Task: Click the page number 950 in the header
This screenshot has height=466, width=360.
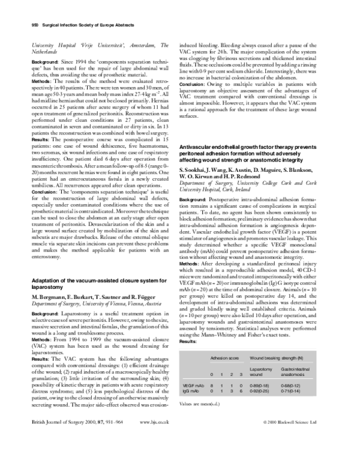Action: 35,25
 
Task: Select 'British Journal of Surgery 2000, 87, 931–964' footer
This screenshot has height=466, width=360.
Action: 76,456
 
